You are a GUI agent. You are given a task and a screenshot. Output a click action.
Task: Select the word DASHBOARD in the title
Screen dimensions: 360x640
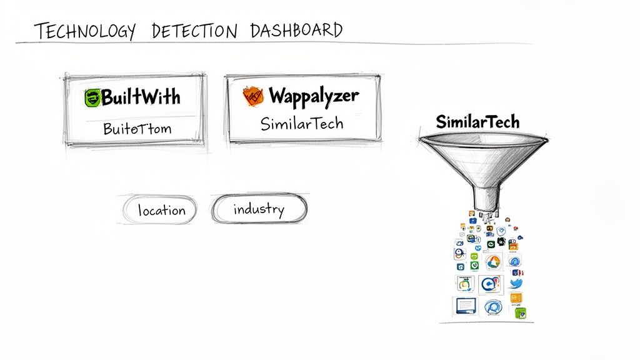tap(296, 30)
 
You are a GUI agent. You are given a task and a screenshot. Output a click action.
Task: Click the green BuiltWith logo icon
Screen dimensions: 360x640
tap(92, 97)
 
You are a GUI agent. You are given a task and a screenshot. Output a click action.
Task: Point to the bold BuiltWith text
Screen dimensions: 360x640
tap(141, 97)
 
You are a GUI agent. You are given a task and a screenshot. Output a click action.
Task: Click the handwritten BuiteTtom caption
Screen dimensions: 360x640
tap(137, 129)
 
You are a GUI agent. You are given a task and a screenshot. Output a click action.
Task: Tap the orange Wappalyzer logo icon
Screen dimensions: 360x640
tap(252, 96)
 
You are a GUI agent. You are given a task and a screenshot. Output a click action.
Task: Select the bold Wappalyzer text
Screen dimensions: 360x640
tap(314, 96)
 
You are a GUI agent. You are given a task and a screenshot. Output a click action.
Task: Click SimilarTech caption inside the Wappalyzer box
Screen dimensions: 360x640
tap(302, 123)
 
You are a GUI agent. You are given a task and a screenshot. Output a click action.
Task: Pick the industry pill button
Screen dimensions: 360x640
tap(259, 209)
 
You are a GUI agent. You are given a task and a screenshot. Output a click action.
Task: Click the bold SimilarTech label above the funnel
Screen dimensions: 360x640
tap(477, 121)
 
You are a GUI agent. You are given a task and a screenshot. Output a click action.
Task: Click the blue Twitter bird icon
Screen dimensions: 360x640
tap(516, 283)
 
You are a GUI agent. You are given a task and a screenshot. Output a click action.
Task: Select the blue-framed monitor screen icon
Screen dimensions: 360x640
tap(464, 306)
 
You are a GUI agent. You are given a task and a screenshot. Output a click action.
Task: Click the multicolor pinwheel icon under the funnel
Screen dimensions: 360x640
tap(493, 262)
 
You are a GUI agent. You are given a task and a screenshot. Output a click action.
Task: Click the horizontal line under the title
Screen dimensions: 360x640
tap(275, 43)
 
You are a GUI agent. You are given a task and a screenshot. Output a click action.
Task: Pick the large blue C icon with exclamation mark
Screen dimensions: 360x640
tap(491, 284)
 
